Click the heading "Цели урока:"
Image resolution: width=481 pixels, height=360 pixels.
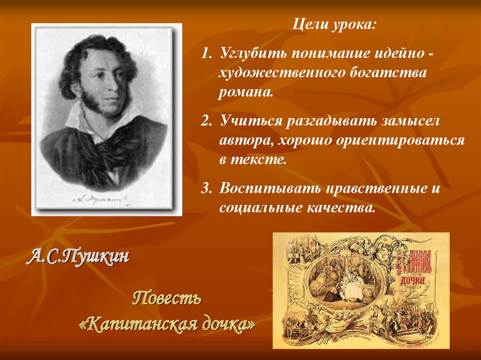coord(335,24)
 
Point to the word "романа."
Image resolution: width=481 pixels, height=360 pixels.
coord(245,92)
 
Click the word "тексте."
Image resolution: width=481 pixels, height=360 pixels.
coord(258,159)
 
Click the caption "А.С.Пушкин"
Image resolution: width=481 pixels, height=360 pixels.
coord(78,257)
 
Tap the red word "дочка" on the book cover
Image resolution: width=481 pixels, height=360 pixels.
coord(413,280)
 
